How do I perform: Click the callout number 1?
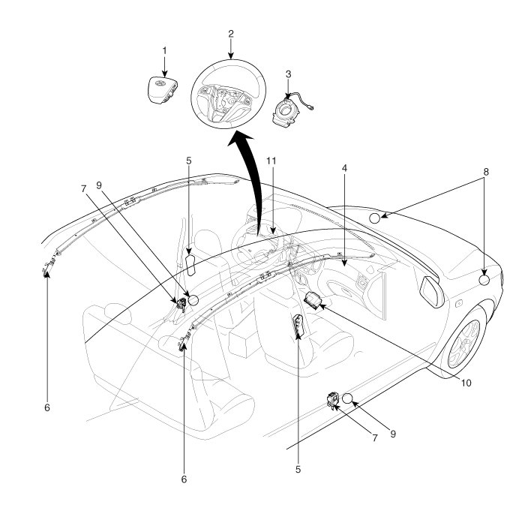pos(165,50)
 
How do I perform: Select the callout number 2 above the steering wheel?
pos(231,34)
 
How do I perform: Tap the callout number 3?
pos(289,74)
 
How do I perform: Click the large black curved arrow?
pos(247,180)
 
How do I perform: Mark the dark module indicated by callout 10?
pos(312,299)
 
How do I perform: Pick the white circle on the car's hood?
pos(376,218)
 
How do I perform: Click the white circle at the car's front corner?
pos(484,281)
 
